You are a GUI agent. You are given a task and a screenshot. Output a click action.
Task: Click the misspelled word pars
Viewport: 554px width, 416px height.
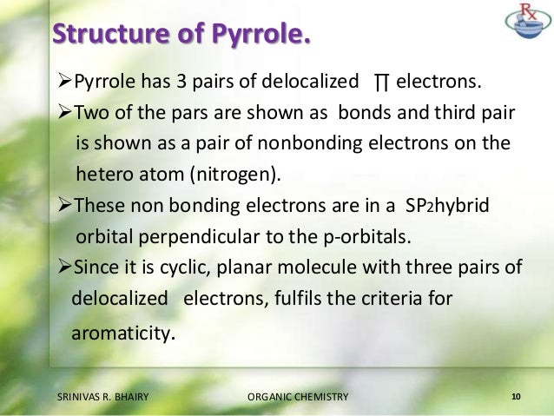coord(191,113)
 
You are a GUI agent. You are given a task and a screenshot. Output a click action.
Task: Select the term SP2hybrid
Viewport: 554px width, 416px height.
coord(443,205)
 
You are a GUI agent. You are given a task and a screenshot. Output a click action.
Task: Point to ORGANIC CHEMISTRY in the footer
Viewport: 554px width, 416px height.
coord(297,397)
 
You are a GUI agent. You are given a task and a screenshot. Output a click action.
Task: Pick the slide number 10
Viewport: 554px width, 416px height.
coord(516,397)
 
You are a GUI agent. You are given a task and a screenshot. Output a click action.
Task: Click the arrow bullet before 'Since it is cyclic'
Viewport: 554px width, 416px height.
coord(61,267)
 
